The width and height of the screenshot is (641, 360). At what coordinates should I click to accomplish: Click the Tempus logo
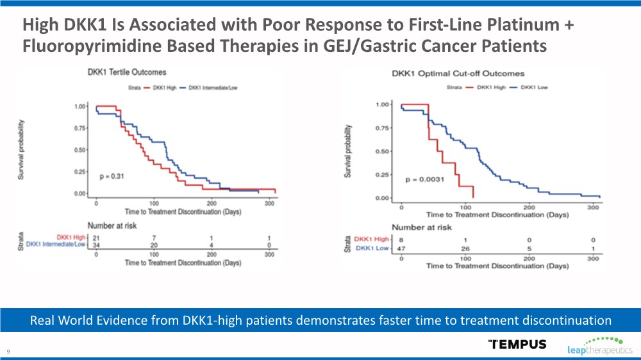(x=517, y=344)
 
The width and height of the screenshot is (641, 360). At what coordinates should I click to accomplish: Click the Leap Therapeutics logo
(x=600, y=345)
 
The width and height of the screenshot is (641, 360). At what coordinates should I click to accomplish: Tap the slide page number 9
(x=8, y=351)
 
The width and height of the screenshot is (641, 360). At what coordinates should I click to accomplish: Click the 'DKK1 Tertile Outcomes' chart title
(x=127, y=72)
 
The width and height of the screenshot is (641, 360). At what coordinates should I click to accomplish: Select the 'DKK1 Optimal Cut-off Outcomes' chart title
(x=458, y=74)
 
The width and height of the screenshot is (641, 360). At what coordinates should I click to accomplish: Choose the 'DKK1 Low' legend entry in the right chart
(x=533, y=86)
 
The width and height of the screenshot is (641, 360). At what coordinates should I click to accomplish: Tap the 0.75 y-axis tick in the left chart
(x=81, y=128)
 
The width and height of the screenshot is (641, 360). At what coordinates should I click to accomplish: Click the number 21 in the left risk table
(x=96, y=238)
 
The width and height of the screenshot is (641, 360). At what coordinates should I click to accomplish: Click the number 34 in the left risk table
(x=96, y=245)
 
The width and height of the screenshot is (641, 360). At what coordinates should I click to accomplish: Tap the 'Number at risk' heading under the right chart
(x=421, y=227)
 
